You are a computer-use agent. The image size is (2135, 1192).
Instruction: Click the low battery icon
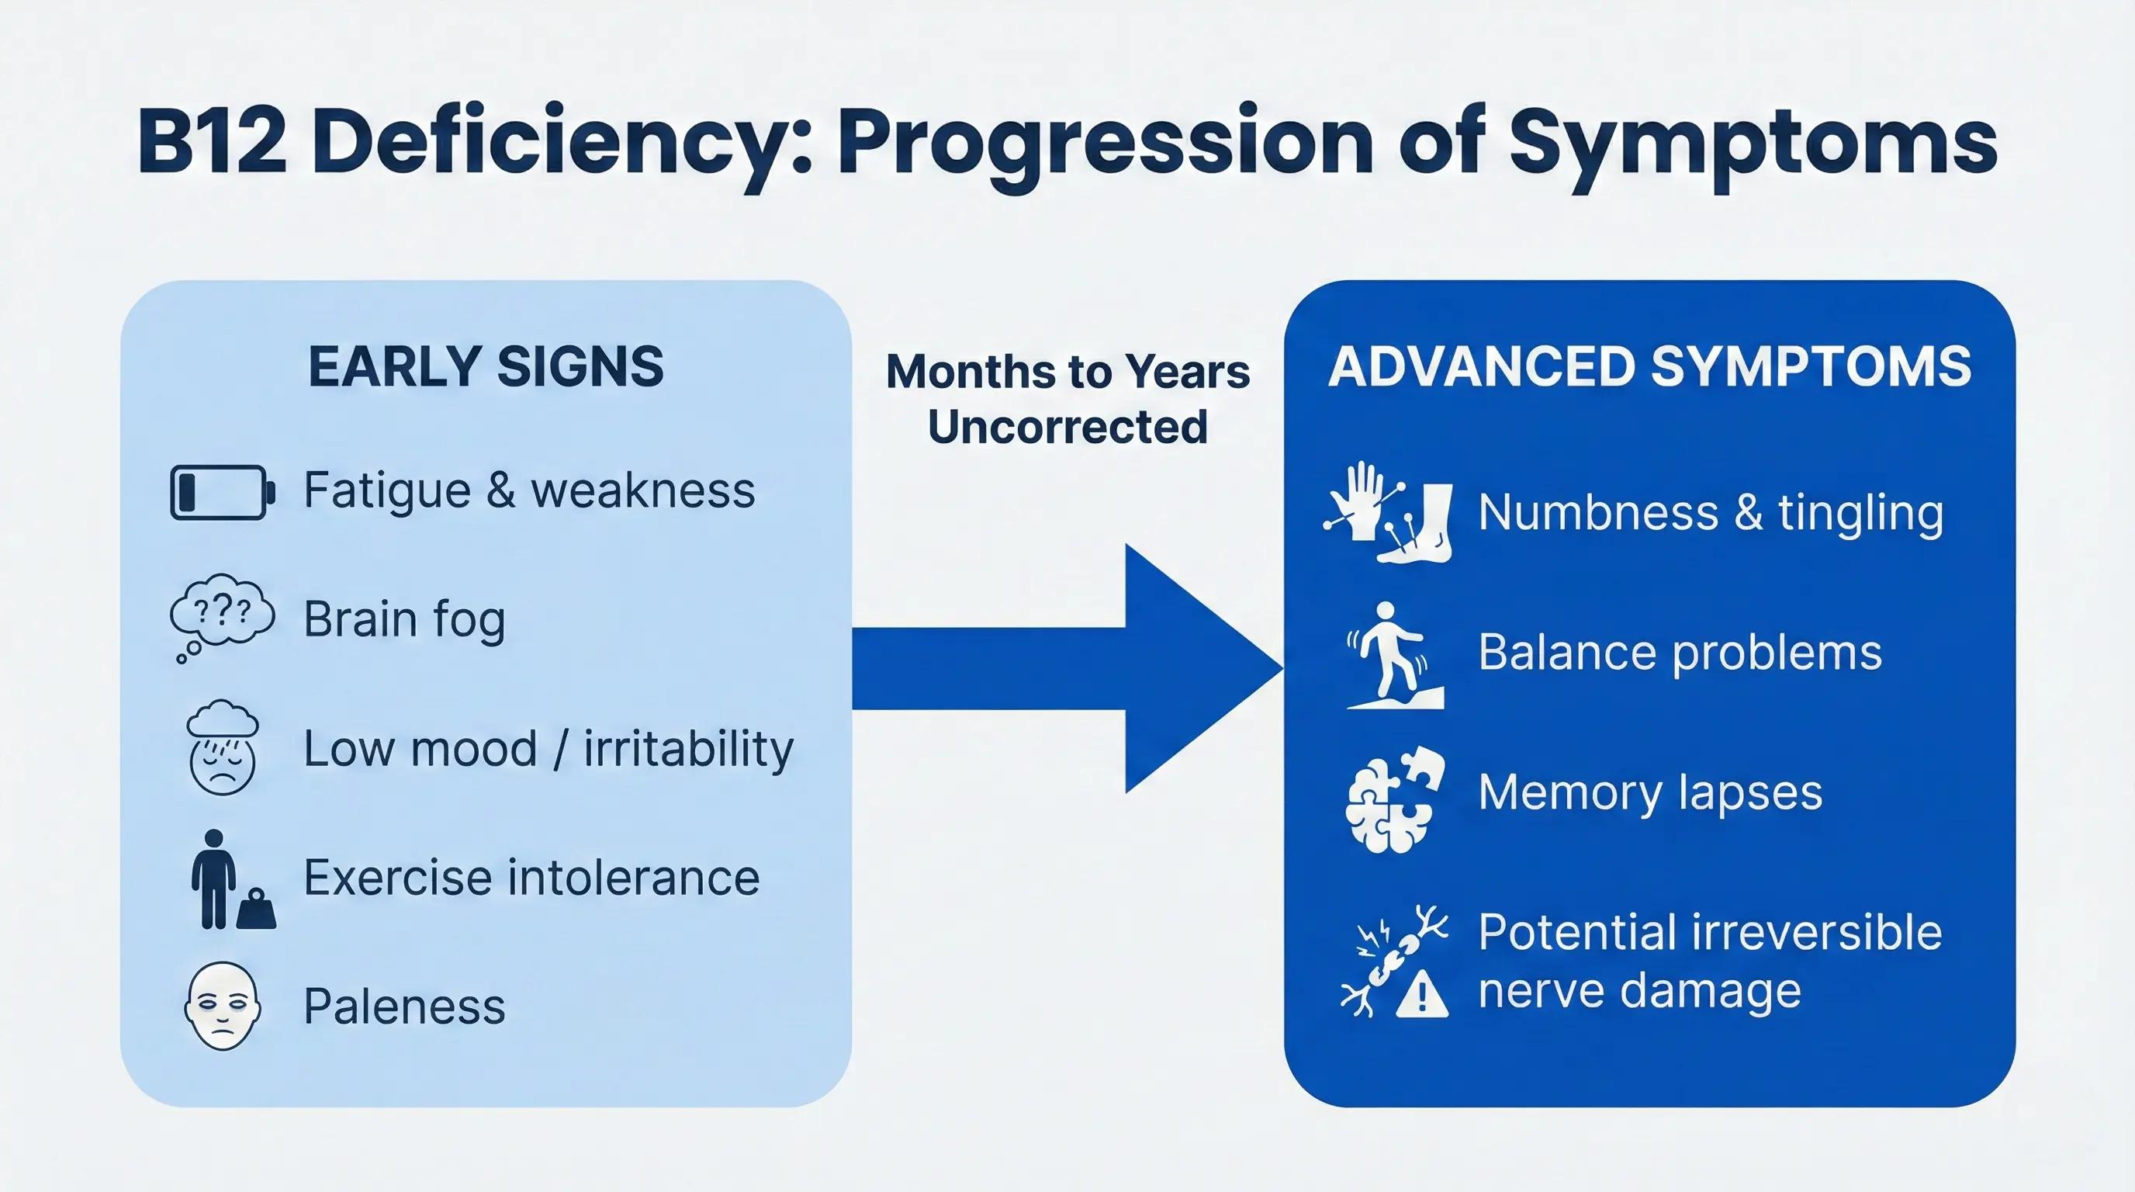tap(221, 492)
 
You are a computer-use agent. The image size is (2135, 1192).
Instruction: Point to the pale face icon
tap(222, 1006)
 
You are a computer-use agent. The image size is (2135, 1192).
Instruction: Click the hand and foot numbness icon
tap(1388, 512)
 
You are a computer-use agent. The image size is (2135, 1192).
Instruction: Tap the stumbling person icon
tap(1393, 655)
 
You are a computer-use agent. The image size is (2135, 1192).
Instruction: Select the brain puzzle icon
tap(1395, 799)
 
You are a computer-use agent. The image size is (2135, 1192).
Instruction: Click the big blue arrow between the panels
tap(1069, 668)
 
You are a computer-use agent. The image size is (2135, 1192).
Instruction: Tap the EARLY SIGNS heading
tap(486, 366)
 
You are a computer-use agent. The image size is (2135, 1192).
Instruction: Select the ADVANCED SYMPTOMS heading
tap(1649, 366)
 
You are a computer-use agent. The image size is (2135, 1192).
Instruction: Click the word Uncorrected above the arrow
tap(1067, 427)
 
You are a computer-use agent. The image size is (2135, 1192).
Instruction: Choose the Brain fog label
tap(404, 619)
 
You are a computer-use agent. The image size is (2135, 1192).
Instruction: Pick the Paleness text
tap(404, 1007)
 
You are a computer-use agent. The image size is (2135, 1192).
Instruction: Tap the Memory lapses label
tap(1650, 792)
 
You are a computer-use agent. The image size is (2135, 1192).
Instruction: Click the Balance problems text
tap(1680, 653)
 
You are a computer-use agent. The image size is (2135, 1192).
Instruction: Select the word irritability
tap(688, 749)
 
